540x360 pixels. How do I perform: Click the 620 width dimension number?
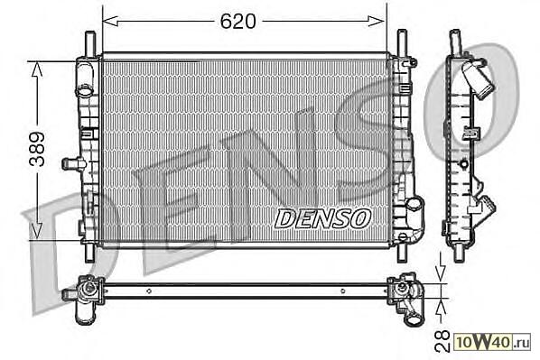pyautogui.click(x=238, y=22)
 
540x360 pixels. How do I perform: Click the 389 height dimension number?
pyautogui.click(x=37, y=150)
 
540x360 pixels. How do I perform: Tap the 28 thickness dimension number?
pyautogui.click(x=442, y=341)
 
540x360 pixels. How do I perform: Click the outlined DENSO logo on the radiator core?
pyautogui.click(x=323, y=218)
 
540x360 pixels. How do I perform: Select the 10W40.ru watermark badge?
pyautogui.click(x=492, y=342)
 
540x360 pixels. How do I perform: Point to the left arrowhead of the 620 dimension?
pyautogui.click(x=110, y=21)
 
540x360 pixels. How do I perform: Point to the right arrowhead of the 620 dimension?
pyautogui.click(x=377, y=21)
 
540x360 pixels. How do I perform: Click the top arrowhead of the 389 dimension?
pyautogui.click(x=37, y=69)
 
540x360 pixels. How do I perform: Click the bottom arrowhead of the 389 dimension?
pyautogui.click(x=37, y=231)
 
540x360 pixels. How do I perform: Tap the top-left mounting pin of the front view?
pyautogui.click(x=90, y=42)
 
